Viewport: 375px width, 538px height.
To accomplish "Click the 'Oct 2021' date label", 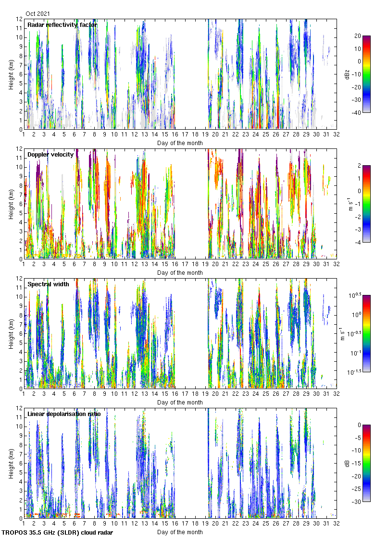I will pyautogui.click(x=37, y=14).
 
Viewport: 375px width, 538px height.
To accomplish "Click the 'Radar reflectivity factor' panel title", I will pyautogui.click(x=62, y=25).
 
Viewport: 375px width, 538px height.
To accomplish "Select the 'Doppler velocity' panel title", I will pyautogui.click(x=50, y=155).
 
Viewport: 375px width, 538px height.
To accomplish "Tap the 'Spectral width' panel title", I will pyautogui.click(x=48, y=284).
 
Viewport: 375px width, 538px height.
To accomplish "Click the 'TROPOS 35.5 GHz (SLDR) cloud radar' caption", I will pyautogui.click(x=58, y=533).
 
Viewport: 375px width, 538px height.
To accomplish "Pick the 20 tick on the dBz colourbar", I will pyautogui.click(x=357, y=36).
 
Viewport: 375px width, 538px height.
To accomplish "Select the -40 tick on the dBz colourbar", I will pyautogui.click(x=358, y=113).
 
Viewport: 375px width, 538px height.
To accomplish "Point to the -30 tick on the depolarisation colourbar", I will pyautogui.click(x=358, y=502).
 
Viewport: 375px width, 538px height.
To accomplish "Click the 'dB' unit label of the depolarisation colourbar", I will pyautogui.click(x=347, y=463).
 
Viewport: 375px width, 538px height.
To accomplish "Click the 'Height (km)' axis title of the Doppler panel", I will pyautogui.click(x=12, y=204).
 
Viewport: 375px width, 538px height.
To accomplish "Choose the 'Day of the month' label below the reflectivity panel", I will pyautogui.click(x=180, y=143).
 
